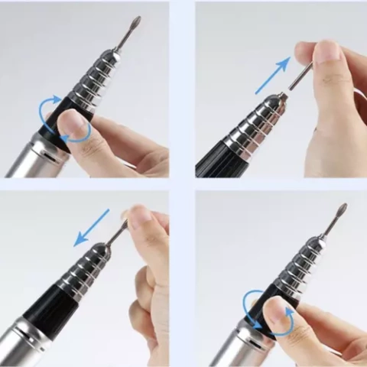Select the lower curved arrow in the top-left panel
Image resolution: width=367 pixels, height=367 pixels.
pos(76,135)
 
